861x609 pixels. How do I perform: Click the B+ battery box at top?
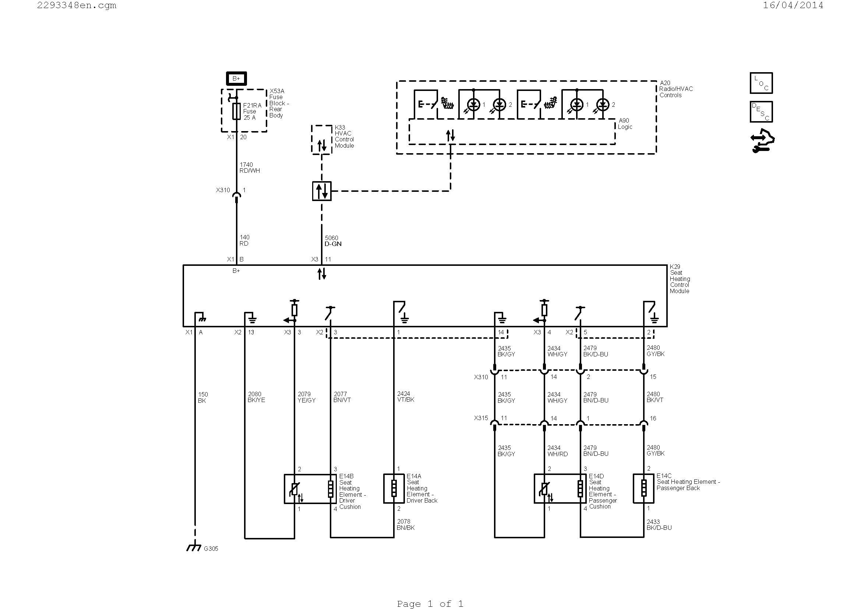click(x=236, y=78)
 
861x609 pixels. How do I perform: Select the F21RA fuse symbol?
click(x=236, y=111)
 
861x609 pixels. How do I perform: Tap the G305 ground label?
click(x=211, y=549)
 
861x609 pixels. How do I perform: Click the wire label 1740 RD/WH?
click(x=249, y=168)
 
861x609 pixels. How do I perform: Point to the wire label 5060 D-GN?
click(x=333, y=241)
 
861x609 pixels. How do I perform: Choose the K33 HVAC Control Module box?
click(x=321, y=140)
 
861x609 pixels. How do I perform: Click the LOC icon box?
click(x=761, y=83)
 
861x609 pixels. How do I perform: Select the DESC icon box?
click(x=761, y=112)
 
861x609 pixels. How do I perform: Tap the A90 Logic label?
click(x=625, y=124)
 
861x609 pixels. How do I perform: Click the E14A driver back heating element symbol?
click(x=394, y=489)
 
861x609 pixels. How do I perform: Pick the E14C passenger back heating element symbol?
click(x=643, y=489)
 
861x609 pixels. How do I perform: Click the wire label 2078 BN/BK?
click(x=405, y=524)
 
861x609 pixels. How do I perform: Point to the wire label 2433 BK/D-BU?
click(x=659, y=525)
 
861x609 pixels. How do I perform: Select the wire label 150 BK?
click(x=202, y=398)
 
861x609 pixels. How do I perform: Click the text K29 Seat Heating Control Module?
click(x=680, y=279)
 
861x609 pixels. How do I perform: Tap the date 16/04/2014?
click(x=793, y=5)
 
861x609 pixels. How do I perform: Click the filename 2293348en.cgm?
click(x=77, y=5)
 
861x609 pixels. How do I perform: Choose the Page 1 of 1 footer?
click(x=430, y=604)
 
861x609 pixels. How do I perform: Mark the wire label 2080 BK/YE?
click(x=256, y=397)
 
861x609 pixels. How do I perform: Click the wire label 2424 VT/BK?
click(x=405, y=397)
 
